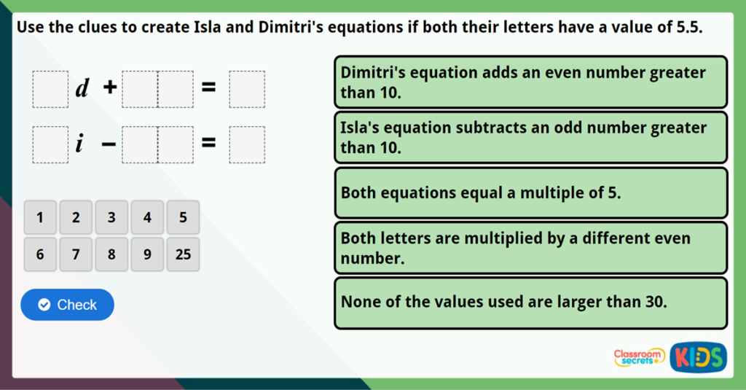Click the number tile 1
[40, 217]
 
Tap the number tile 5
[183, 217]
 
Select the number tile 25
[183, 254]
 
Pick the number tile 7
[76, 254]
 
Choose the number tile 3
[111, 217]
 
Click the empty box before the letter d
[50, 89]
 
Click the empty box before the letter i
[50, 144]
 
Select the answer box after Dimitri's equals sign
[247, 89]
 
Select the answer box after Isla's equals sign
[247, 144]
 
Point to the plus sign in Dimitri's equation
[109, 88]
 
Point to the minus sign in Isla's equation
[109, 144]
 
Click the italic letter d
[82, 89]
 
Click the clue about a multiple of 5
[530, 193]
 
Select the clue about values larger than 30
[530, 303]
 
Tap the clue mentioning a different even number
[530, 248]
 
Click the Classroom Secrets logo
[639, 356]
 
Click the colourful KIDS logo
[698, 356]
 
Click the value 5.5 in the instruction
[688, 28]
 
